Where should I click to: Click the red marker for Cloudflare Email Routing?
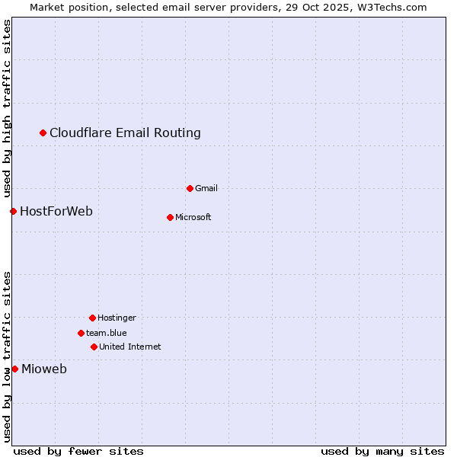point(43,133)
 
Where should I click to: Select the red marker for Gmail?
point(190,188)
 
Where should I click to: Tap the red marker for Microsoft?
point(170,217)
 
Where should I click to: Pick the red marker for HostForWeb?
point(13,211)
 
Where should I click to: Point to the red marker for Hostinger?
point(92,318)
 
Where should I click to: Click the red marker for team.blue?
point(81,333)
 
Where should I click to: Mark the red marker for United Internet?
point(94,347)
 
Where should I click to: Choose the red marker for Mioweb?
point(14,369)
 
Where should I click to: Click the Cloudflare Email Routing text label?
point(125,133)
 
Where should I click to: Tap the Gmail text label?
point(206,188)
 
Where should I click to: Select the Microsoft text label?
point(193,217)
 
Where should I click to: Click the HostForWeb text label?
point(56,211)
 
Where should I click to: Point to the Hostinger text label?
point(117,318)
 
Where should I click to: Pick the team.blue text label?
point(107,333)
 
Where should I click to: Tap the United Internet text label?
point(129,347)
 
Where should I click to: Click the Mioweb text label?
point(44,369)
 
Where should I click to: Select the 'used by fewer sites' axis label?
point(78,451)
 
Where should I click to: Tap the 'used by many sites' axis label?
point(382,451)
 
